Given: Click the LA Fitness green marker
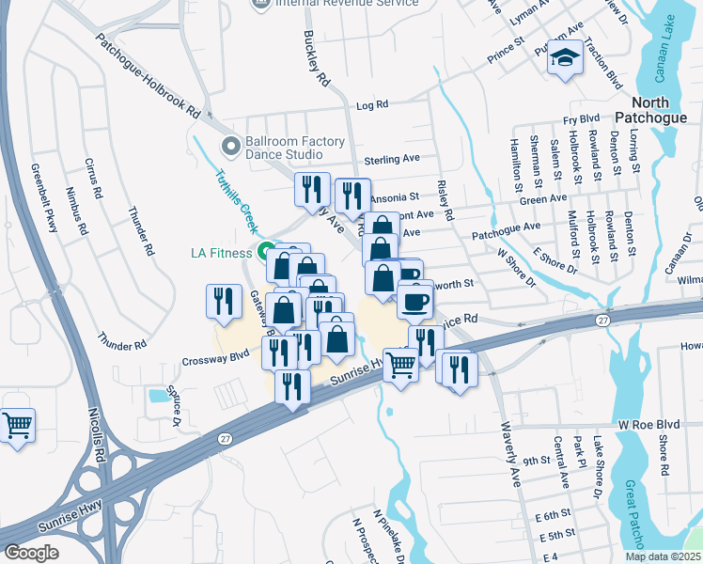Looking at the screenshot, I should [266, 252].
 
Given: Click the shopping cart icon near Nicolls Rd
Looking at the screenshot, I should [18, 427].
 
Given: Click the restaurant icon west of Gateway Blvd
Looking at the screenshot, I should [223, 301].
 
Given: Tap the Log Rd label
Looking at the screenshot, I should [372, 105].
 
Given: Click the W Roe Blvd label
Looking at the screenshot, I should [648, 424].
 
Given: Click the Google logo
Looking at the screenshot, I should [31, 552].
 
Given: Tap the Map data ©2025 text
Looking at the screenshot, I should [663, 556].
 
